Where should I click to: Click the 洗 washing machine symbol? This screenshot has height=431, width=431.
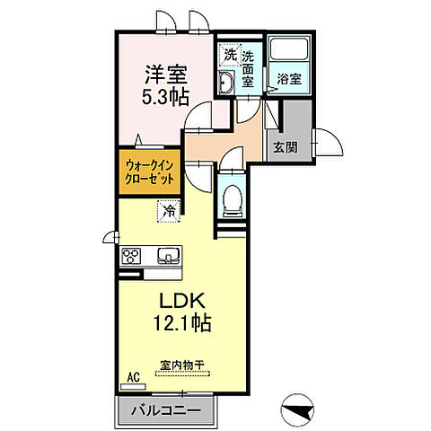pyautogui.click(x=230, y=55)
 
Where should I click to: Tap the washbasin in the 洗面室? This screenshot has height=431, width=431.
pyautogui.click(x=227, y=84)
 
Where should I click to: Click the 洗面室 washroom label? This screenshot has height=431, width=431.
pyautogui.click(x=249, y=68)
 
